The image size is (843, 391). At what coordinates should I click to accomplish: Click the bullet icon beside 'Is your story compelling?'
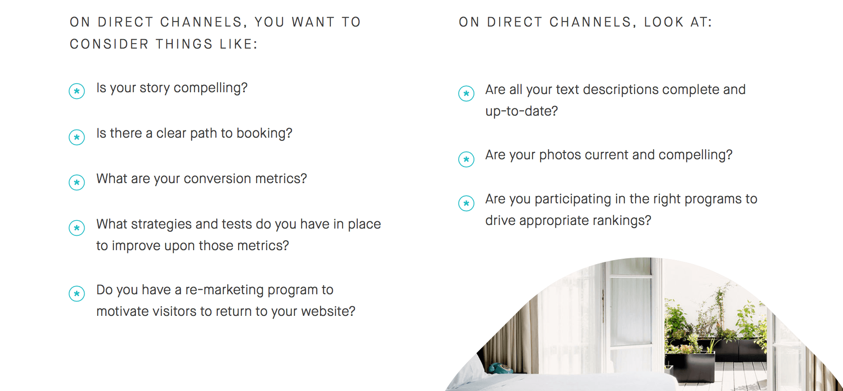tap(77, 91)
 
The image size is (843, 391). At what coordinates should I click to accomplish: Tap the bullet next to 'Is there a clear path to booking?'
tap(77, 137)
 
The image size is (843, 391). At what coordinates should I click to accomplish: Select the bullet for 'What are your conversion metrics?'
tap(77, 183)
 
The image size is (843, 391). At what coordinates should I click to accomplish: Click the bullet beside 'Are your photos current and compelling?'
tap(466, 159)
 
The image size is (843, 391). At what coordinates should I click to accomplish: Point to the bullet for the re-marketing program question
tap(77, 294)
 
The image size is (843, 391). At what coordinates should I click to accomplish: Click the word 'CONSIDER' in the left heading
tap(109, 44)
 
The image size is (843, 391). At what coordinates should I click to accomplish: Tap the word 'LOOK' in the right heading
tap(664, 22)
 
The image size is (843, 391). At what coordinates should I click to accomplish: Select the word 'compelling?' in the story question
tap(211, 88)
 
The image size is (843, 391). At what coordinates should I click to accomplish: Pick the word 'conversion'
tap(217, 179)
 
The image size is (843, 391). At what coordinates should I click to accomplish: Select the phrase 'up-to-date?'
tap(522, 112)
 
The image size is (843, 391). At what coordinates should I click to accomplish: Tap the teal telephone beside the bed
tap(498, 368)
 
